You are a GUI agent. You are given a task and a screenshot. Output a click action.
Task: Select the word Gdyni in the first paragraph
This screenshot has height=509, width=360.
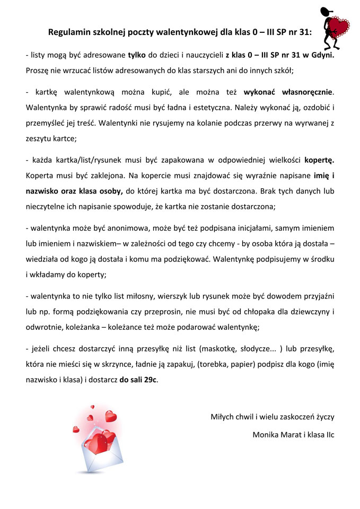click(x=321, y=55)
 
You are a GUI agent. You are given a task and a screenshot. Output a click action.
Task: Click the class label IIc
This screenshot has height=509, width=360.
click(x=328, y=435)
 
